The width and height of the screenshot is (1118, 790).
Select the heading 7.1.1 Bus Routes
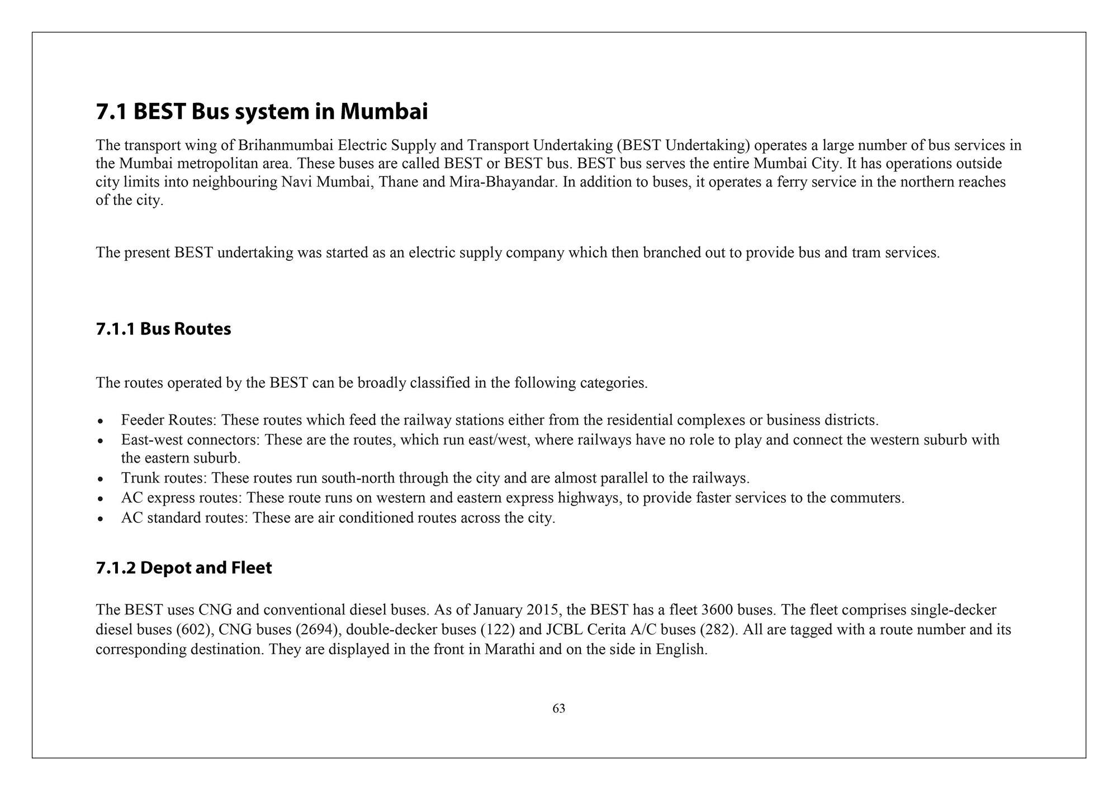[163, 329]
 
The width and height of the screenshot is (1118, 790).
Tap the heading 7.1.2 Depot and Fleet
[184, 568]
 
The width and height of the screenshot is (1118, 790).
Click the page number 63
[558, 708]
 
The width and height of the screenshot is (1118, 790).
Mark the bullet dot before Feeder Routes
[100, 421]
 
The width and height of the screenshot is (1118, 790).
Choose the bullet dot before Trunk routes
[100, 479]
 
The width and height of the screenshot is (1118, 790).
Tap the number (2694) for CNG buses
[319, 630]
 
